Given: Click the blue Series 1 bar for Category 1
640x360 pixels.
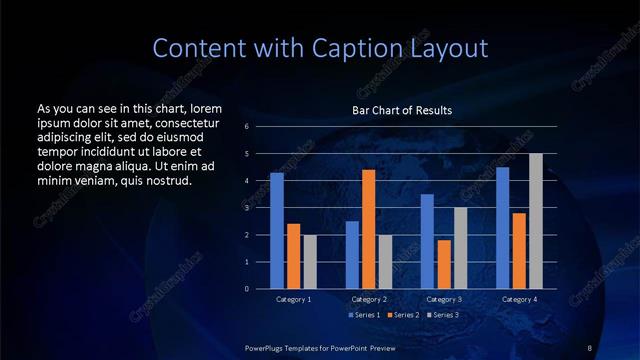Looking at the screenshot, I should (277, 230).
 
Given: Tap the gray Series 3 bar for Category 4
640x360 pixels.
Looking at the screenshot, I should (535, 221).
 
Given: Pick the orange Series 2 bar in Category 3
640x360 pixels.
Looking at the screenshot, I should (443, 264).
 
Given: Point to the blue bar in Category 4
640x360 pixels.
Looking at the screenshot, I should (502, 228).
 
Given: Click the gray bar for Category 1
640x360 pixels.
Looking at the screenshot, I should (310, 262).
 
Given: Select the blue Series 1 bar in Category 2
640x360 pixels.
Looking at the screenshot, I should (352, 255).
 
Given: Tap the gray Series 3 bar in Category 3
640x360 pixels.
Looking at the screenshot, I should (460, 248).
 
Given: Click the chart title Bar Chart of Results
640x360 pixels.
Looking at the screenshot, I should (402, 109).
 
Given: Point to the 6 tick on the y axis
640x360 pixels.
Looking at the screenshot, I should (246, 127).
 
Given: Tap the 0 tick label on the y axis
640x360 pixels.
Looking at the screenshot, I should (246, 289).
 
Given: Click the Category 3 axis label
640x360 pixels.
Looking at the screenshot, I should (444, 299).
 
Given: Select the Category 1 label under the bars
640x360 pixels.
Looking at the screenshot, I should (293, 299).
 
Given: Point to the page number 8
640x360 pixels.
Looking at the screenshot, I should (589, 346).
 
